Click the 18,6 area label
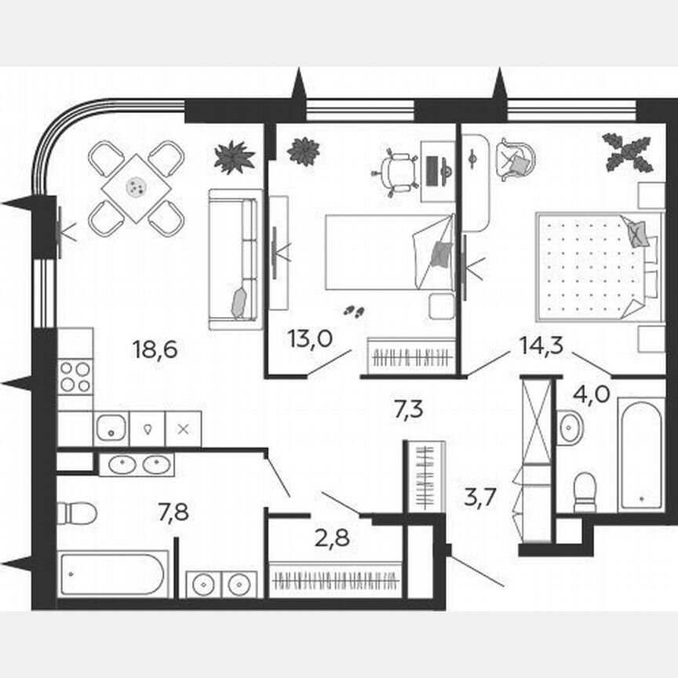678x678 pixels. tap(155, 349)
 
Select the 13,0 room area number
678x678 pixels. tap(309, 339)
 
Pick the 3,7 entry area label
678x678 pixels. tap(481, 498)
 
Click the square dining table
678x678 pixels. tap(137, 188)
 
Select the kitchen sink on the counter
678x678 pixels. tap(111, 428)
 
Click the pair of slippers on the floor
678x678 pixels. tap(355, 311)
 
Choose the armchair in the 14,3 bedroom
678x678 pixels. tap(516, 159)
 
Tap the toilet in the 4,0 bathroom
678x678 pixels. tap(585, 492)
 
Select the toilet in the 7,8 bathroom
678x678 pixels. tap(77, 514)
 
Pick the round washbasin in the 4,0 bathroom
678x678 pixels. tap(570, 428)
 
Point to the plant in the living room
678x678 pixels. tap(234, 156)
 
